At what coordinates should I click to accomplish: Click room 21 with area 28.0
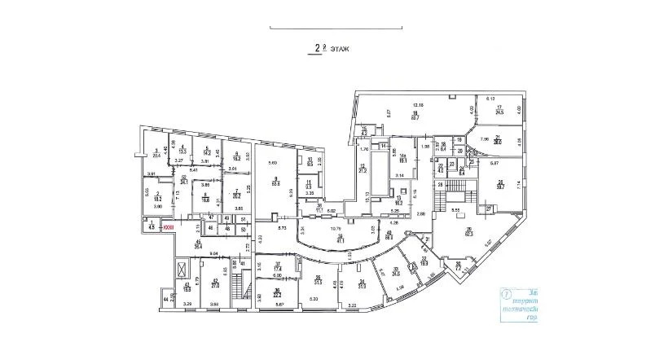click(x=496, y=139)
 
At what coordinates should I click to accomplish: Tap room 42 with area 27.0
click(x=217, y=284)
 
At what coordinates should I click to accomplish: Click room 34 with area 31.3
click(x=362, y=283)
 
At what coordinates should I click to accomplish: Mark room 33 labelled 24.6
click(x=397, y=273)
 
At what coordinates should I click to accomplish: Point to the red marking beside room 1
click(x=169, y=228)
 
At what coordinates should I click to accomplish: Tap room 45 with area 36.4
click(x=198, y=244)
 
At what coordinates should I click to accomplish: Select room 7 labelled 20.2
click(x=236, y=193)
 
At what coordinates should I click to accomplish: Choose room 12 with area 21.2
click(x=363, y=170)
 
